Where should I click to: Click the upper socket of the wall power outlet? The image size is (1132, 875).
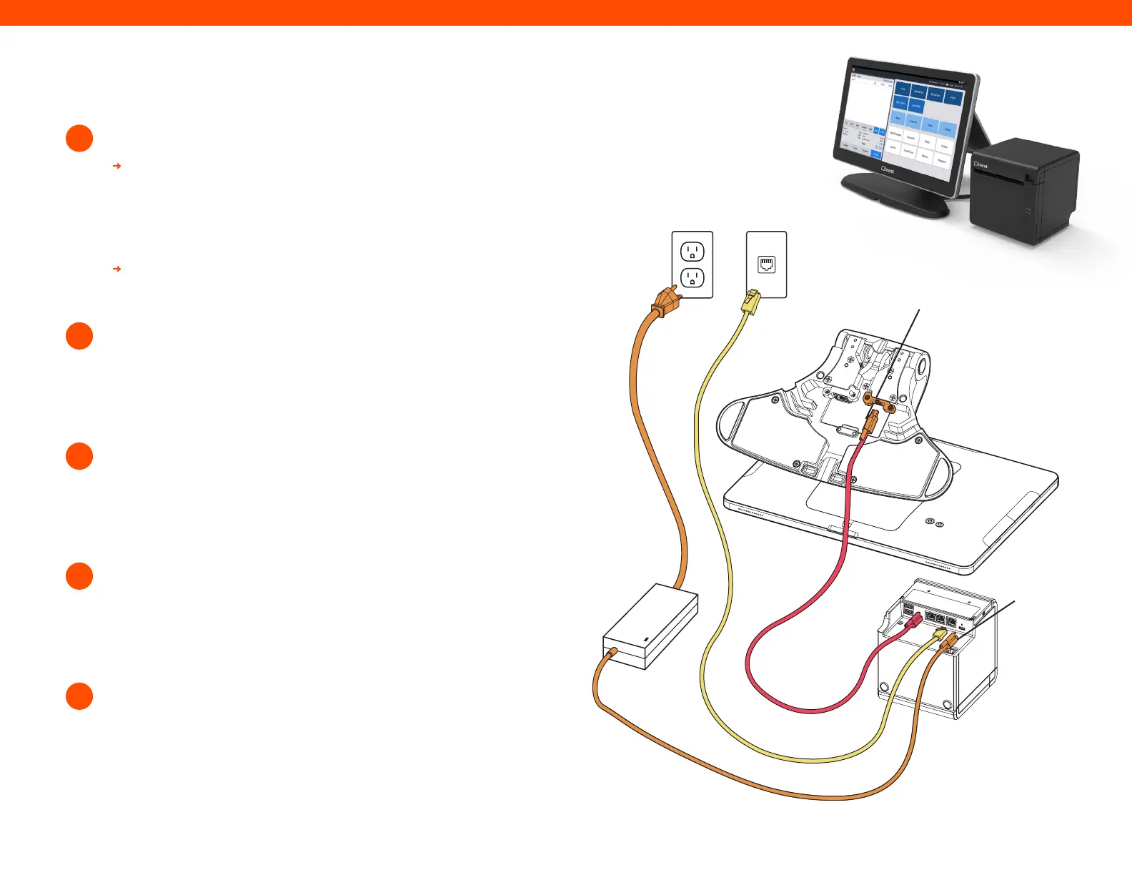(692, 252)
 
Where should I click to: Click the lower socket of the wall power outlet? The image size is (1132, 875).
(692, 277)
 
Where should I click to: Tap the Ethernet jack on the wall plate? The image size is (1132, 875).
(766, 265)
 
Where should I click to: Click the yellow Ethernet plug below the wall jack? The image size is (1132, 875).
(750, 303)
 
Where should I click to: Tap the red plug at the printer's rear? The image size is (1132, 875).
(914, 621)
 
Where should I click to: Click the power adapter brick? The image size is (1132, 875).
(650, 626)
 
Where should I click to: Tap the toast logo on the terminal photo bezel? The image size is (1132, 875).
(888, 170)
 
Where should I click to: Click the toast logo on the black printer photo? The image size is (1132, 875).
(980, 165)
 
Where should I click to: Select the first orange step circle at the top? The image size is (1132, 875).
(79, 138)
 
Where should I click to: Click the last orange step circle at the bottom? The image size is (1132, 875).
(79, 696)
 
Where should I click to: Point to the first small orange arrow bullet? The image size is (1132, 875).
(117, 166)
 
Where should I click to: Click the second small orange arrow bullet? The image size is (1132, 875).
(117, 269)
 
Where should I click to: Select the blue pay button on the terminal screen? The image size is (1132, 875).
(876, 154)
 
